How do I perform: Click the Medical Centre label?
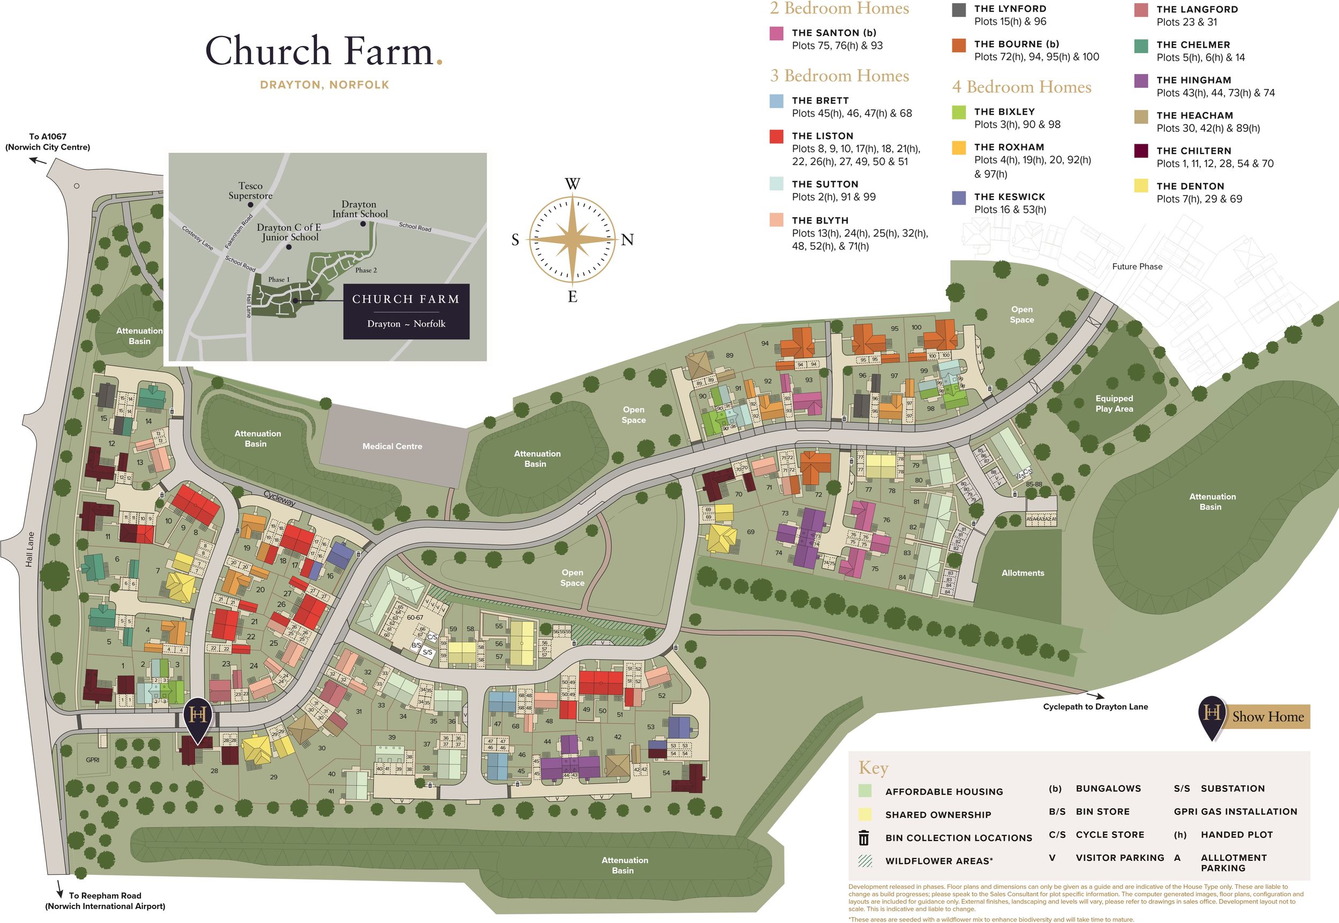click(x=392, y=446)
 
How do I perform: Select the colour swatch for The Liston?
click(x=776, y=137)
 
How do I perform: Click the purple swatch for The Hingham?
click(x=1141, y=81)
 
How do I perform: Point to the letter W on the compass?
click(x=572, y=184)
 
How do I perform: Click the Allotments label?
click(x=1022, y=573)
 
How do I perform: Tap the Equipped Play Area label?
click(x=1114, y=404)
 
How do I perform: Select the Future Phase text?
click(x=1137, y=266)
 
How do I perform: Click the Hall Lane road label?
click(x=29, y=549)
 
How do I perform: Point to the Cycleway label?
click(x=280, y=498)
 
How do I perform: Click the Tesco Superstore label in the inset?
click(x=250, y=191)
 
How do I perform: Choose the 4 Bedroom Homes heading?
click(x=1021, y=87)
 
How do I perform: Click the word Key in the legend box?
click(x=872, y=768)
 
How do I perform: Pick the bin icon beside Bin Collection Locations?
click(x=864, y=838)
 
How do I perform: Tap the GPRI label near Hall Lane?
click(x=93, y=760)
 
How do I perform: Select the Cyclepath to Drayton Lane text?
click(x=1095, y=706)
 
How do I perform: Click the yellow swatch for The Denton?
click(x=1141, y=186)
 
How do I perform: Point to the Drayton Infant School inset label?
click(x=359, y=210)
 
